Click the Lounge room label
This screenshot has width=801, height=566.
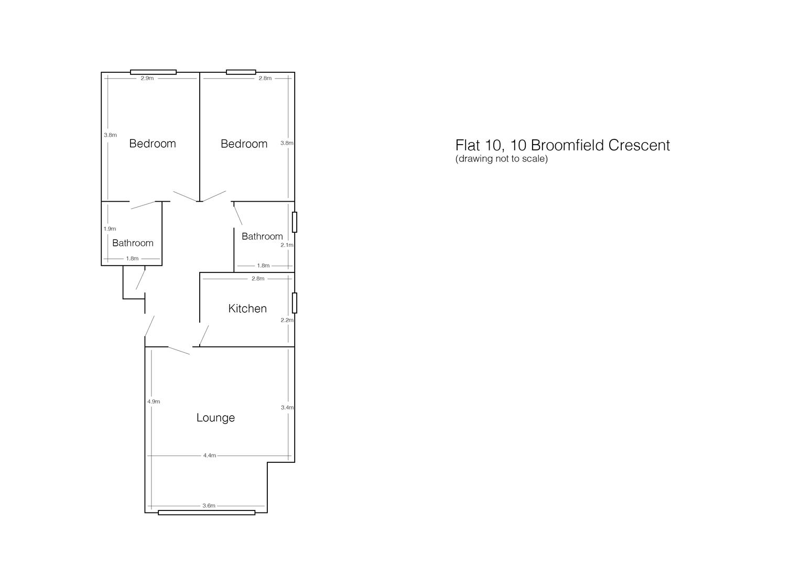215,418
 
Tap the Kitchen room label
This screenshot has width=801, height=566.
247,309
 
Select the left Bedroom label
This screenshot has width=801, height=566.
153,144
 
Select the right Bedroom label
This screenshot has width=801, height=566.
244,144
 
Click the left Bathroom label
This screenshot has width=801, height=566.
133,243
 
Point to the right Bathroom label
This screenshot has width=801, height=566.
262,236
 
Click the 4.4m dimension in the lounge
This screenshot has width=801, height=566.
210,456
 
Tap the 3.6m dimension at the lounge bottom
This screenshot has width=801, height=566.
209,506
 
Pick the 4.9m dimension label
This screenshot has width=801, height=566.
154,401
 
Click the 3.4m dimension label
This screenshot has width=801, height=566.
287,407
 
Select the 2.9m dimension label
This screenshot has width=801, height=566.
147,78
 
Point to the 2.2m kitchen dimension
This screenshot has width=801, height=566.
287,320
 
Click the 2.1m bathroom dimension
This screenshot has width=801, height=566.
287,245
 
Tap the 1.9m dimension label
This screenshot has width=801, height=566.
110,229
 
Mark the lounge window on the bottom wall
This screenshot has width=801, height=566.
207,513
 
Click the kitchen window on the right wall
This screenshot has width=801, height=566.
295,303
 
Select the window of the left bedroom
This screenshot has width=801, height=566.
153,72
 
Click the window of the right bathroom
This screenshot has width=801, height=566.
295,222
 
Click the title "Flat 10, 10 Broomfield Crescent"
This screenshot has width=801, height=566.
562,145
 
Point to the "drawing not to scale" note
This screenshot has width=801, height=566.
501,159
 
